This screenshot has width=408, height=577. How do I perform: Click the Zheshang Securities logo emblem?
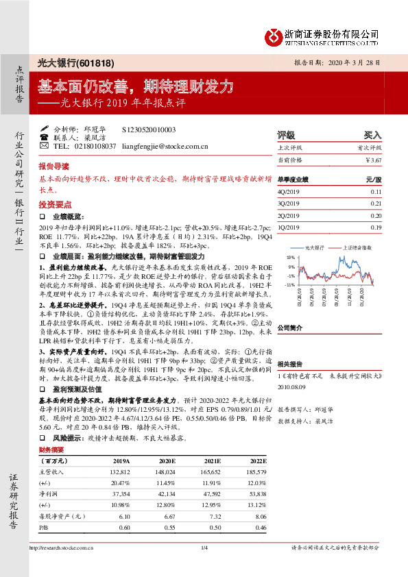pyautogui.click(x=275, y=36)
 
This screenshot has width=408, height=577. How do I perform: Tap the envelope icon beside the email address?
pyautogui.click(x=45, y=146)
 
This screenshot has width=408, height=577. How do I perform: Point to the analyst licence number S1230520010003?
pyautogui.click(x=149, y=129)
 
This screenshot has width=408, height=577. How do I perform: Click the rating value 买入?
pyautogui.click(x=372, y=134)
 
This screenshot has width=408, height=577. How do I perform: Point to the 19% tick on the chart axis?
pyautogui.click(x=291, y=256)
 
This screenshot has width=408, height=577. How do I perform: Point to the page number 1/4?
pyautogui.click(x=204, y=547)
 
